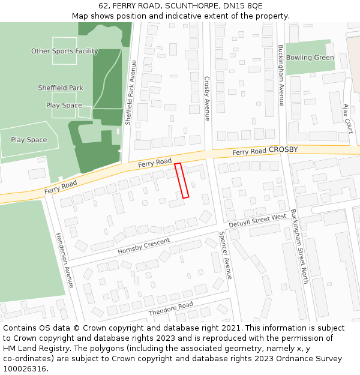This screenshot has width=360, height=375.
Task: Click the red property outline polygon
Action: tap(182, 180)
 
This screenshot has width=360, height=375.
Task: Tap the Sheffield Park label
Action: tap(61, 88)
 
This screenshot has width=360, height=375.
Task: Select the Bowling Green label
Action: tap(310, 58)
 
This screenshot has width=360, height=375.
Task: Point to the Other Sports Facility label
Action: tap(64, 51)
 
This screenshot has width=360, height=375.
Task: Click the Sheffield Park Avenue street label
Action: tap(131, 92)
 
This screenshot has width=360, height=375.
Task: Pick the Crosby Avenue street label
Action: tap(206, 98)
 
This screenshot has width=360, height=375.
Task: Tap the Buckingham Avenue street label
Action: tap(281, 75)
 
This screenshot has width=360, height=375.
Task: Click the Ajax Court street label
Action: tap(346, 117)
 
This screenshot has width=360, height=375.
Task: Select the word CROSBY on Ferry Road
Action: tap(283, 149)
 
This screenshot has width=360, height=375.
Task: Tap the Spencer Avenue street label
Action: tap(224, 256)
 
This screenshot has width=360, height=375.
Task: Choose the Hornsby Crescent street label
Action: tap(144, 245)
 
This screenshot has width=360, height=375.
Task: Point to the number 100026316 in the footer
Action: tap(25, 368)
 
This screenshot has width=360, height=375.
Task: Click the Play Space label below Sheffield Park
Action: tap(64, 106)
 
